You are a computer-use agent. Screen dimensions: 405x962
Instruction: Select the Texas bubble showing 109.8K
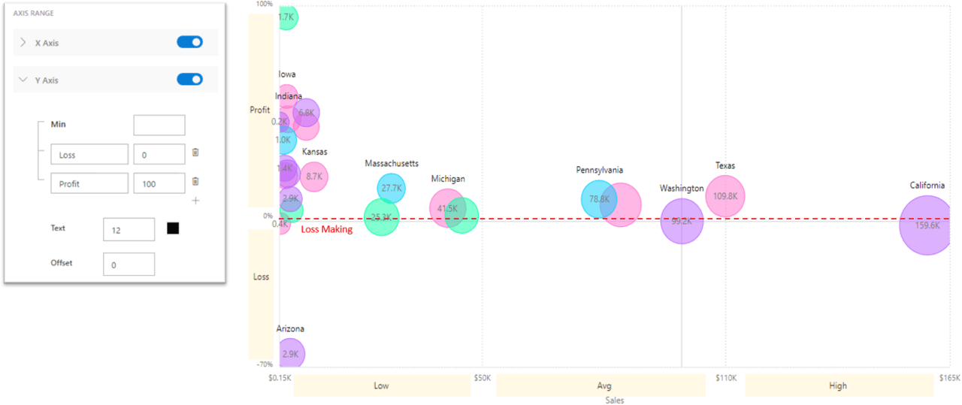pos(725,196)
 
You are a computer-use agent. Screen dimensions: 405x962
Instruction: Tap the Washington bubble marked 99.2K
pos(682,222)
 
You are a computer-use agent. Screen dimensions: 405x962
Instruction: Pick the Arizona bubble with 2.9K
pos(290,354)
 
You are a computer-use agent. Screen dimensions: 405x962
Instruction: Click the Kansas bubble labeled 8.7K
pos(314,177)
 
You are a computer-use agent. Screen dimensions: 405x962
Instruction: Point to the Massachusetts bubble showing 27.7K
pos(391,189)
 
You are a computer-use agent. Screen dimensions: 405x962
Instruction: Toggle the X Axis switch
pos(189,42)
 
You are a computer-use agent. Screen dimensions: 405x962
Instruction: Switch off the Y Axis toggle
pos(189,79)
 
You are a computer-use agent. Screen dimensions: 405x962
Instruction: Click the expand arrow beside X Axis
pos(23,43)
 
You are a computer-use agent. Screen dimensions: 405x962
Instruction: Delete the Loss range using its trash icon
pos(195,153)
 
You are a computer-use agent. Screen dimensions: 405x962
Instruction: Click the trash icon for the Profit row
pos(195,181)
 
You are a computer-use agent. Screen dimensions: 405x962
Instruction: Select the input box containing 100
pos(159,183)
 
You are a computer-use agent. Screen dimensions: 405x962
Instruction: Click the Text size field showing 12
pos(129,230)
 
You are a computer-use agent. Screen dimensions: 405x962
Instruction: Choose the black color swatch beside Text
pos(173,228)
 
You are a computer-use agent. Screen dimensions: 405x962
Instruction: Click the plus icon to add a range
pos(195,201)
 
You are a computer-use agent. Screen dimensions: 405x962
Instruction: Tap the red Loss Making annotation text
pos(327,229)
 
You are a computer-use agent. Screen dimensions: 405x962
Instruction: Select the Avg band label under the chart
pos(604,386)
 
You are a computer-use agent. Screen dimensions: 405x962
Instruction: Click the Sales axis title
pos(615,400)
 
